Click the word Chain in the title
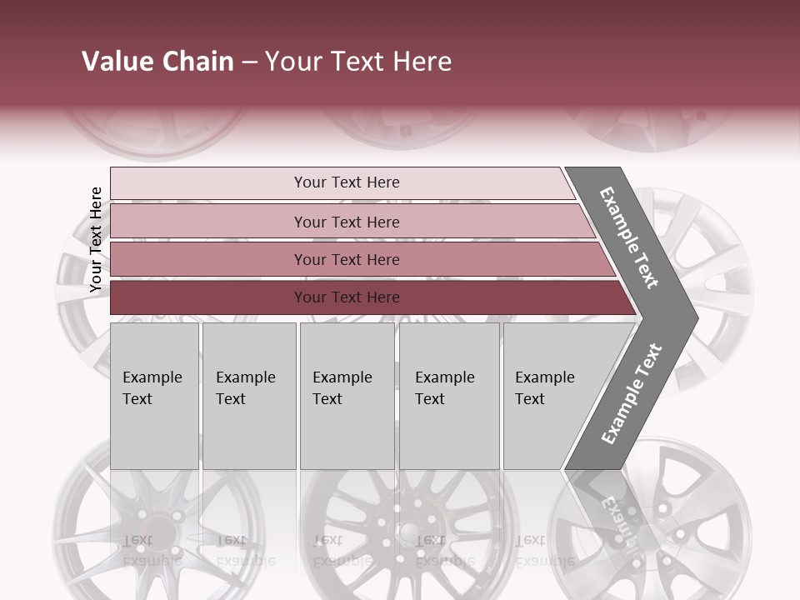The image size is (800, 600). pyautogui.click(x=198, y=62)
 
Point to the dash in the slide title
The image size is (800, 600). pyautogui.click(x=249, y=62)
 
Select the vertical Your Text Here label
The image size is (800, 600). pyautogui.click(x=96, y=239)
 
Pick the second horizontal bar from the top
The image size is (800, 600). pyautogui.click(x=347, y=222)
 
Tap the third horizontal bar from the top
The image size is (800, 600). pyautogui.click(x=347, y=259)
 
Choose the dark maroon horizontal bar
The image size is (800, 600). pyautogui.click(x=347, y=297)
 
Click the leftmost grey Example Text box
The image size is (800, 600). pyautogui.click(x=154, y=396)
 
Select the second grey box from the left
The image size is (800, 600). pyautogui.click(x=248, y=396)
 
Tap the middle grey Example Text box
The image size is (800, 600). pyautogui.click(x=347, y=396)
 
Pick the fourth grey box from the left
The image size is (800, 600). pyautogui.click(x=448, y=396)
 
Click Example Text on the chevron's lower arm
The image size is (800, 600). pyautogui.click(x=632, y=393)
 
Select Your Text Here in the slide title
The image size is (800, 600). pyautogui.click(x=358, y=62)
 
